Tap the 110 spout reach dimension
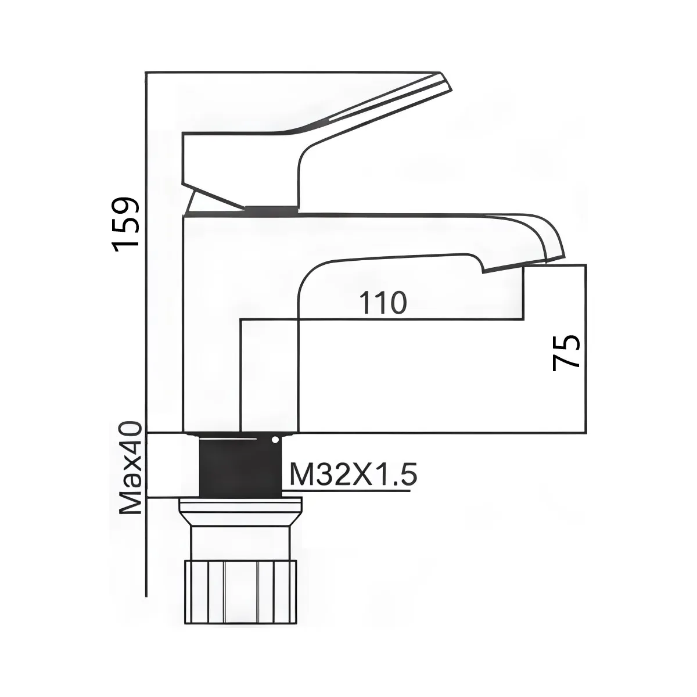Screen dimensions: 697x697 383,303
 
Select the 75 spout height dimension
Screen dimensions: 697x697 567,352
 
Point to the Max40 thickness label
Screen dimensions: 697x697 131,468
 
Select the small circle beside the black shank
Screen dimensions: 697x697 274,440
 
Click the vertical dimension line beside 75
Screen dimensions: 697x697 585,348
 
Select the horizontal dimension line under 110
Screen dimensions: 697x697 383,319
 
